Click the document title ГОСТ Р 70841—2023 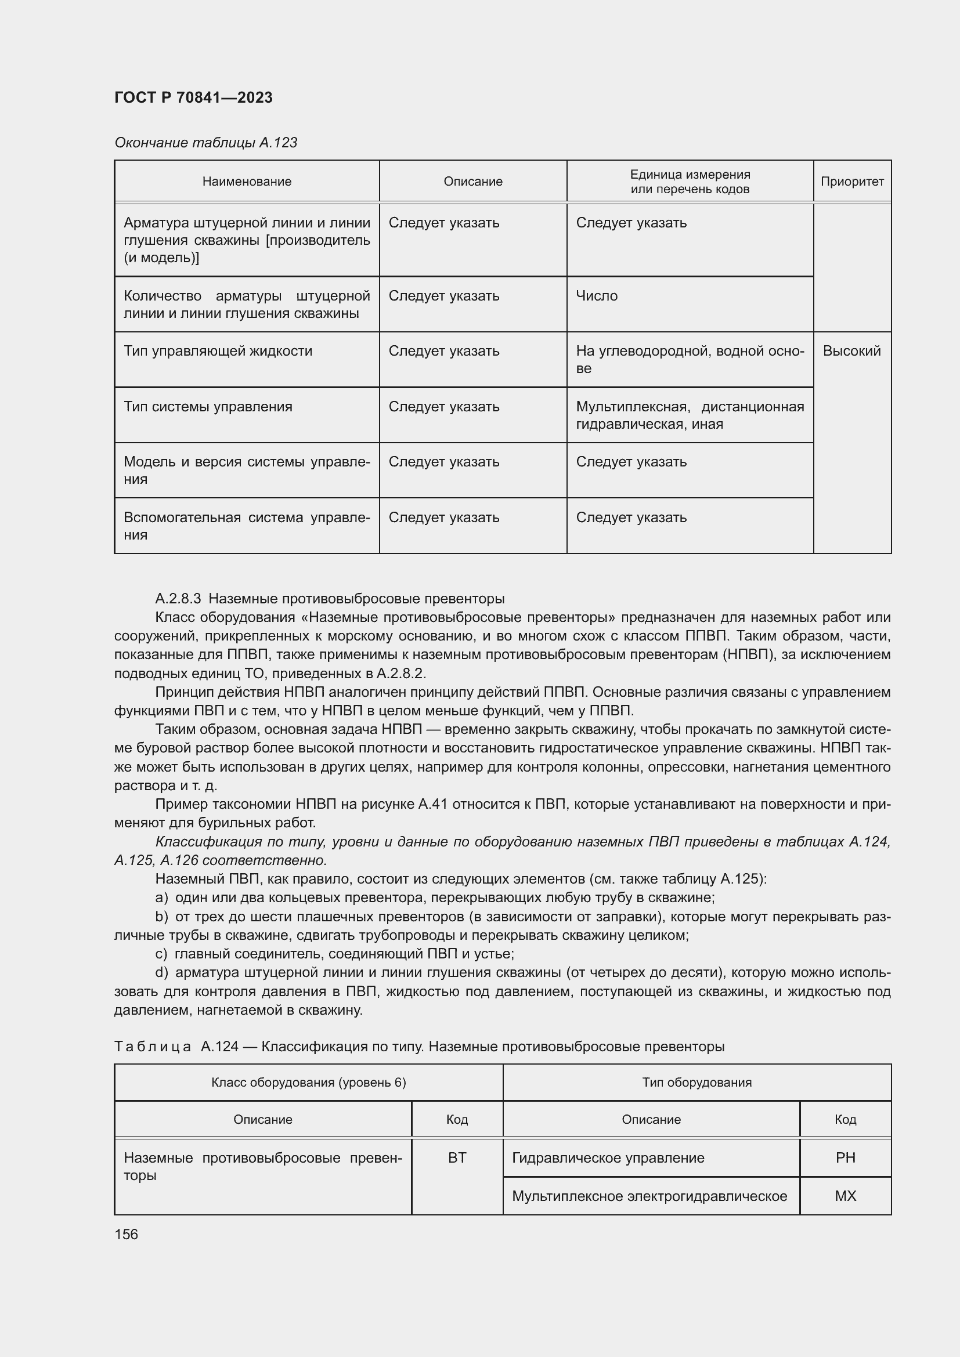pos(193,97)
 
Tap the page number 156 pos(126,1234)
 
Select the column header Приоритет pos(852,182)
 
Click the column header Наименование pos(247,182)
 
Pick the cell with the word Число pos(597,295)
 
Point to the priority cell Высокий pos(851,351)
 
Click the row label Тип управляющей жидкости pos(218,351)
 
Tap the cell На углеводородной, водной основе pos(690,359)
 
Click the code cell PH pos(845,1157)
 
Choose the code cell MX pos(845,1196)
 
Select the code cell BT pos(457,1157)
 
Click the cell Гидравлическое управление pos(608,1157)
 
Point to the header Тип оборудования pos(696,1082)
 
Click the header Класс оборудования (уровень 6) pos(309,1082)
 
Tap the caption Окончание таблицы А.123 pos(205,143)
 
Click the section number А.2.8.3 pos(178,599)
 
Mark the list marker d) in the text pos(161,972)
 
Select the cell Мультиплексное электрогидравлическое pos(649,1196)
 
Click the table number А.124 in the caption pos(219,1046)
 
